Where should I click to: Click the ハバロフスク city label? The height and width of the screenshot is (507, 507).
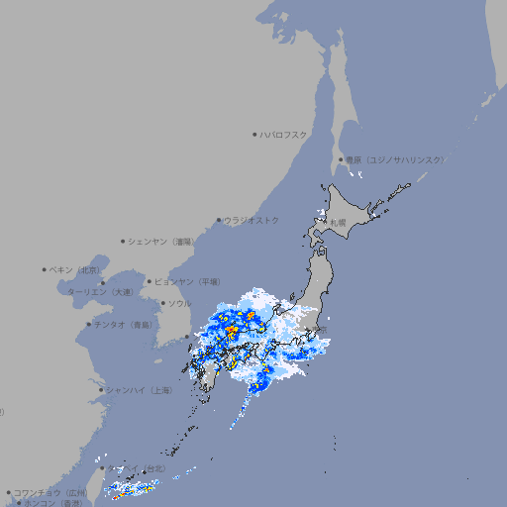284,134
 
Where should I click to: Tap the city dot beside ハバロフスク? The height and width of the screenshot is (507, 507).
254,134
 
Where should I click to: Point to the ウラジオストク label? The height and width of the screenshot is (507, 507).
252,220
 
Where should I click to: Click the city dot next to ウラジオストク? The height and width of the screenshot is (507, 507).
219,220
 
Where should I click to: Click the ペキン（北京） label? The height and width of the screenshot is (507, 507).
75,269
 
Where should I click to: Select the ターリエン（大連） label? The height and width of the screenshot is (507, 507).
100,292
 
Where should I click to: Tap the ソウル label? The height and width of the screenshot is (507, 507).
179,303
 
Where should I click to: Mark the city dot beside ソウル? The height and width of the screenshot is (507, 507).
161,303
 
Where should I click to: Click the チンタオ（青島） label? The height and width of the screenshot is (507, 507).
123,324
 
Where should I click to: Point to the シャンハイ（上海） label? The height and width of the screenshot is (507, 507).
139,390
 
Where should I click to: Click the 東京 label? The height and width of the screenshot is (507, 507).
319,330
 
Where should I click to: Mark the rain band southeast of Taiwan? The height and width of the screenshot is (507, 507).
133,487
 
